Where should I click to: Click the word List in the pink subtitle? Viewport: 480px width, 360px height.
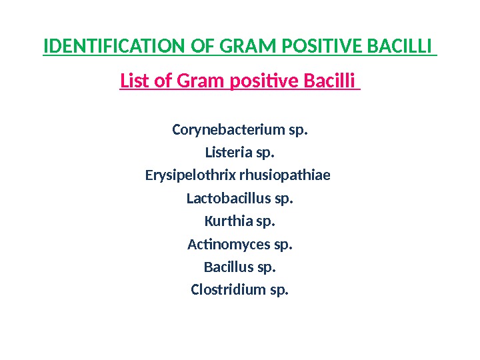pyautogui.click(x=135, y=81)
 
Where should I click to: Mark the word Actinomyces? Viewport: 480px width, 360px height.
pyautogui.click(x=229, y=245)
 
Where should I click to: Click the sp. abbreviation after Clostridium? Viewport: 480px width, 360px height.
pyautogui.click(x=278, y=291)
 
